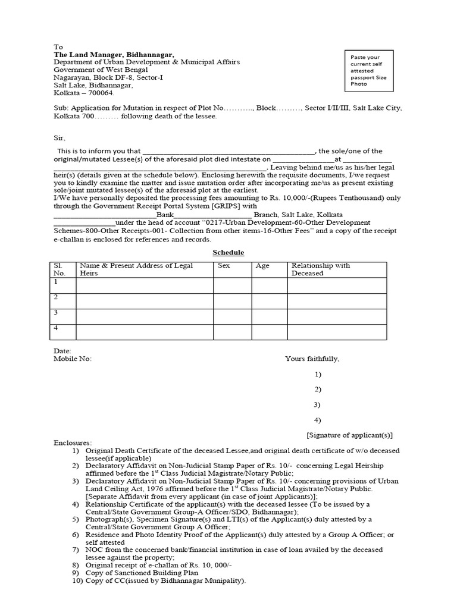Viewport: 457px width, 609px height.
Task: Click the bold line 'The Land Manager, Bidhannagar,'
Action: tap(114, 55)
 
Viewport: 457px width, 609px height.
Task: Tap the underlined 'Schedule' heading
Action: tap(228, 253)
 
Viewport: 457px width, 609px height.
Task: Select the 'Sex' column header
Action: tap(224, 266)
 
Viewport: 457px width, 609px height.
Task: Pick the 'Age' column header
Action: tap(262, 266)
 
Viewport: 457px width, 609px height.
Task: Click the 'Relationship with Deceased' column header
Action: tap(321, 269)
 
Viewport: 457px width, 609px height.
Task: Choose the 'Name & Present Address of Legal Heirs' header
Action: tap(136, 269)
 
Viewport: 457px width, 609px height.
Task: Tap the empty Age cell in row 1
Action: tap(270, 285)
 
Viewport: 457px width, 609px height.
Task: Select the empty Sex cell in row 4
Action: tap(232, 332)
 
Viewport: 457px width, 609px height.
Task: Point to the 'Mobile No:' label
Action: tap(73, 359)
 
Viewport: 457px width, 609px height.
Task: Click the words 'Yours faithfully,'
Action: tap(312, 359)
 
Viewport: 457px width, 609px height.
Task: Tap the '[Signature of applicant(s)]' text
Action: tap(349, 435)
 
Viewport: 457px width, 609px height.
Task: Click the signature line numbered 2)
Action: tap(318, 390)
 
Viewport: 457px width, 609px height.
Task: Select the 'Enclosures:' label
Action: tap(73, 443)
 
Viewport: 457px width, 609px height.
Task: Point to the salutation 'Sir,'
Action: tap(59, 137)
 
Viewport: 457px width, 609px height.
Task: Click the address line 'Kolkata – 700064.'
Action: tap(84, 93)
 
